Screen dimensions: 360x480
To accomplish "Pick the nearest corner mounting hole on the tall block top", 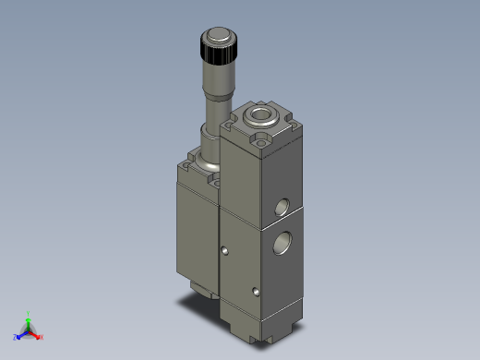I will click(x=263, y=143).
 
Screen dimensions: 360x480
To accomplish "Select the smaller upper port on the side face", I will click(x=282, y=205).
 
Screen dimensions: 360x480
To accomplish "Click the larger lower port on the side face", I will click(x=281, y=244).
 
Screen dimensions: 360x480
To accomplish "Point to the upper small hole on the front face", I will click(x=224, y=249).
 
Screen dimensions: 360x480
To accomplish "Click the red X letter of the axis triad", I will click(x=42, y=337).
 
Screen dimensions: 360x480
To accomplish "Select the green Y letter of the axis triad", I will click(x=29, y=313).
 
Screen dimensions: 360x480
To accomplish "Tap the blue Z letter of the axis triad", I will click(x=16, y=338).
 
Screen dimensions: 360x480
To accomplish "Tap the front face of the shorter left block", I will click(x=194, y=231).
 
